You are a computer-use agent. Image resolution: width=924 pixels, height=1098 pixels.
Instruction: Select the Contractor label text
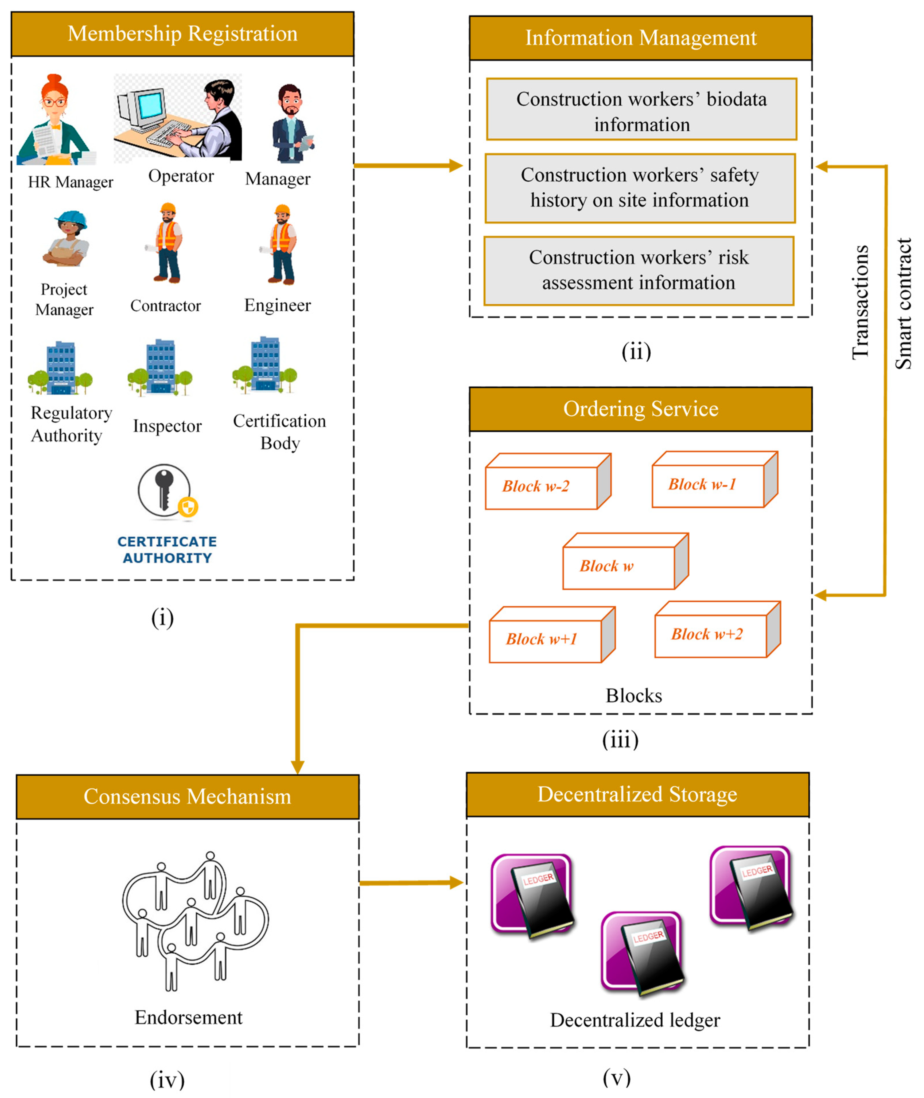(166, 306)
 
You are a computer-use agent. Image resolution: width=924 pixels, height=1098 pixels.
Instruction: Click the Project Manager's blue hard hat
(71, 219)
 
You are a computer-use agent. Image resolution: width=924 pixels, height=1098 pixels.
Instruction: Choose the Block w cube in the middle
(625, 562)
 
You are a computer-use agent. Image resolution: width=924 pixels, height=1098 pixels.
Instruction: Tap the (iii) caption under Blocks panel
(620, 740)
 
